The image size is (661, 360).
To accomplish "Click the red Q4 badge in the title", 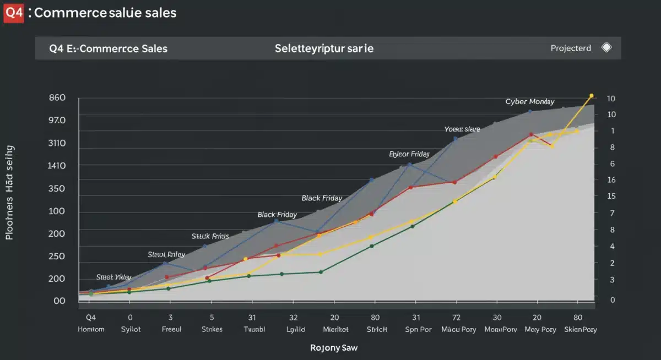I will coord(14,13).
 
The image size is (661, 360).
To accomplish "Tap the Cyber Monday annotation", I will coord(529,102).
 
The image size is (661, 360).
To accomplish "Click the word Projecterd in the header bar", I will coord(571,48).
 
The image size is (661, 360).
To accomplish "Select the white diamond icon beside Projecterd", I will coord(606,48).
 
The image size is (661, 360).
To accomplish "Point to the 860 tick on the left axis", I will coord(57,98).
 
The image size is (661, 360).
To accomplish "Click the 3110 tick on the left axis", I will coord(57,143).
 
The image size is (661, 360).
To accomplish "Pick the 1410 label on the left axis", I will coord(57,166).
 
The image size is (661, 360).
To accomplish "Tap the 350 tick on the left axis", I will coord(57,188).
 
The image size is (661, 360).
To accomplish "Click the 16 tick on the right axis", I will coord(611,180).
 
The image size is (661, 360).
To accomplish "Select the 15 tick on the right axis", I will coord(611,197).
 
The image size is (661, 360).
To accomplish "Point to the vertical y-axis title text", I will coord(10,193).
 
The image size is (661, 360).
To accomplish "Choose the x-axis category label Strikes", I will coord(212,329).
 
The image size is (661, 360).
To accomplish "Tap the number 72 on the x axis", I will coord(456,318).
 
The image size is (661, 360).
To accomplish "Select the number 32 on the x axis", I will coord(293,318).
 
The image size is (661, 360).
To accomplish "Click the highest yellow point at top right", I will coord(591,96).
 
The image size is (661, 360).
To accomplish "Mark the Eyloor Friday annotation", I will coord(409,155).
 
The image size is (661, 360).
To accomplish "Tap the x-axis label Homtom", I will coord(91,329).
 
